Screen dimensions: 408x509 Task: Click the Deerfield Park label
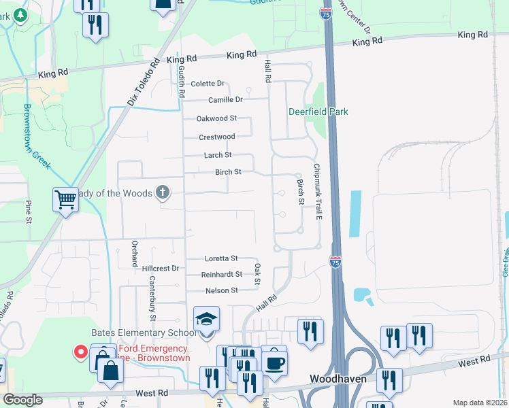pos(318,112)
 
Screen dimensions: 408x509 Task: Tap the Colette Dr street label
pos(208,84)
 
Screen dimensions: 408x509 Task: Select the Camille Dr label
pos(225,99)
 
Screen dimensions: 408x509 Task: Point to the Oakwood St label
pos(216,118)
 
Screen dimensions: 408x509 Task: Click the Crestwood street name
pos(216,137)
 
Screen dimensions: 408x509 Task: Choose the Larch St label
pos(218,155)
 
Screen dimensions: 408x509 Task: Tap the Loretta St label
pos(221,258)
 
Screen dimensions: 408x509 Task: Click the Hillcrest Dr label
pos(160,269)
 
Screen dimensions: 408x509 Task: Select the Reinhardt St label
pos(221,275)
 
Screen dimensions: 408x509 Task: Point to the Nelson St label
pos(222,290)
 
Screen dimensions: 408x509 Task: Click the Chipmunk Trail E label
pos(316,191)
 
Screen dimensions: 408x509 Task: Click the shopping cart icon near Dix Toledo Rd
pos(65,200)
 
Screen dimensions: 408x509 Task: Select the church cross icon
pos(162,193)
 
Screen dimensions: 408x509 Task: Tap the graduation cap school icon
pos(206,319)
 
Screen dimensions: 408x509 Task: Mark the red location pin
pos(80,352)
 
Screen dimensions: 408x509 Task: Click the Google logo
pos(22,400)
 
